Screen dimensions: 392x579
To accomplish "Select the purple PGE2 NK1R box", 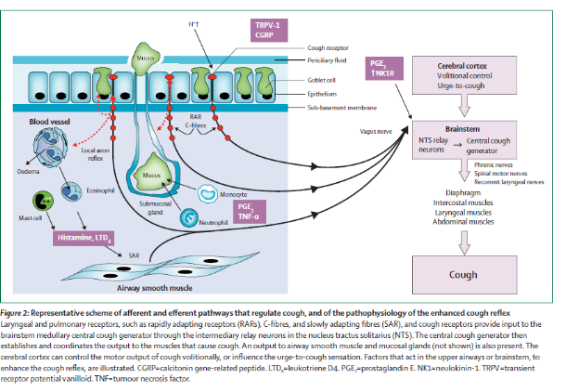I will pos(377,68).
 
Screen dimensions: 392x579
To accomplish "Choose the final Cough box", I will pos(464,275).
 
